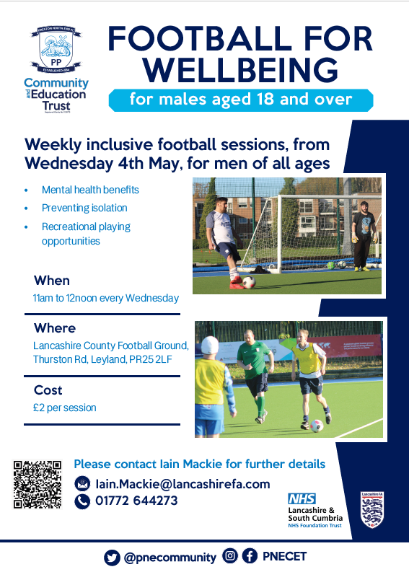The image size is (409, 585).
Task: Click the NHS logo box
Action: tap(302, 498)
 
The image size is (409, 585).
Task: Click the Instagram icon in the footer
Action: tap(230, 556)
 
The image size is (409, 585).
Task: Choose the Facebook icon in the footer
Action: tap(250, 556)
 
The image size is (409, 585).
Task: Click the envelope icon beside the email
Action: tap(83, 483)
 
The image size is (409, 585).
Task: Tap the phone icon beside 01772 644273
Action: tap(83, 501)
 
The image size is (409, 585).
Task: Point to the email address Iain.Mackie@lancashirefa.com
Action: tap(182, 484)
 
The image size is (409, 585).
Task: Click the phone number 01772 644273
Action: tap(136, 501)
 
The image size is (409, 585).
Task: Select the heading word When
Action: tap(52, 281)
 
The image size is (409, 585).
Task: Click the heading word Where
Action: tap(55, 328)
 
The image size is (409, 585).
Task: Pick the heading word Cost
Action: tap(48, 390)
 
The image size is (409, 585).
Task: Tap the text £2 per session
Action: tap(65, 408)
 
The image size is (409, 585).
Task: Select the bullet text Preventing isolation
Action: tap(84, 208)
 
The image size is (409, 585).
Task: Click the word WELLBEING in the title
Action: tap(240, 71)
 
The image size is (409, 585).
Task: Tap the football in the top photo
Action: tap(248, 282)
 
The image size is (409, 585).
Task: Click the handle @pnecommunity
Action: tap(170, 557)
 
